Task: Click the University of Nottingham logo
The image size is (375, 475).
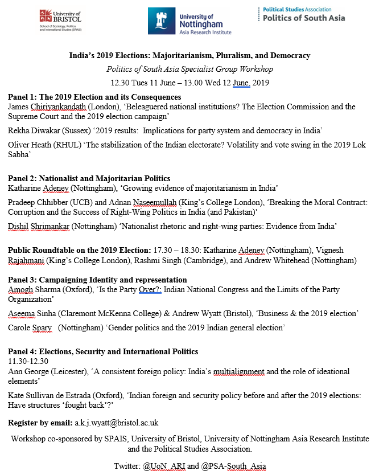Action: point(189,22)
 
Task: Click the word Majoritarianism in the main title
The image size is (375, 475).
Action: point(181,56)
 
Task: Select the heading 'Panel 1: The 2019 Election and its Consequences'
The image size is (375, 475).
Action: point(94,97)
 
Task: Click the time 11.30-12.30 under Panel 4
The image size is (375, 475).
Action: point(28,361)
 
